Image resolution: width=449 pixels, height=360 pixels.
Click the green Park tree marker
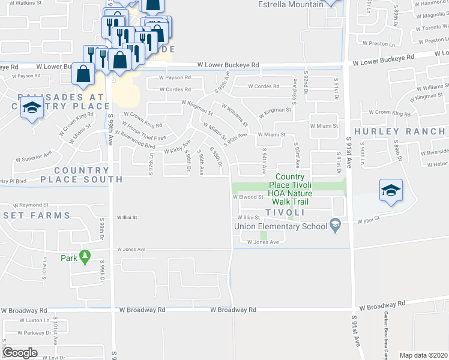point(85,256)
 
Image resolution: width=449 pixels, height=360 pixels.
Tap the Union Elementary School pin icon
point(336,226)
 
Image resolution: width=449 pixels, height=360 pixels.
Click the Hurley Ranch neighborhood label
point(399,131)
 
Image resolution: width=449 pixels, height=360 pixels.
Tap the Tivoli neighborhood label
point(286,212)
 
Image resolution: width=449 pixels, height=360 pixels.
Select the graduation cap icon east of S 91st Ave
point(391,190)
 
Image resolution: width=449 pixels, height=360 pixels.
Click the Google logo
point(20,353)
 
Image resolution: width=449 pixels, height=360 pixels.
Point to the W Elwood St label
point(248,197)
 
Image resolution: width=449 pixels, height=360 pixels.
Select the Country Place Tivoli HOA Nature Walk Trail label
point(290,185)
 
